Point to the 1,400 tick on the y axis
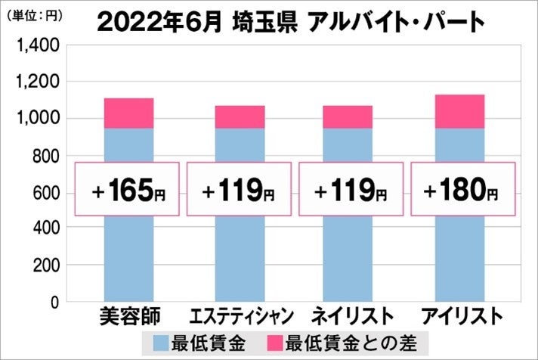pos(39,47)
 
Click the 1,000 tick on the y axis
pos(39,119)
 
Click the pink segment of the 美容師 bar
pos(128,113)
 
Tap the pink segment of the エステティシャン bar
pos(239,116)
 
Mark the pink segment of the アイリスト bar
pos(459,111)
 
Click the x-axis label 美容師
pos(128,315)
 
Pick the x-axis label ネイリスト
pos(352,315)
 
